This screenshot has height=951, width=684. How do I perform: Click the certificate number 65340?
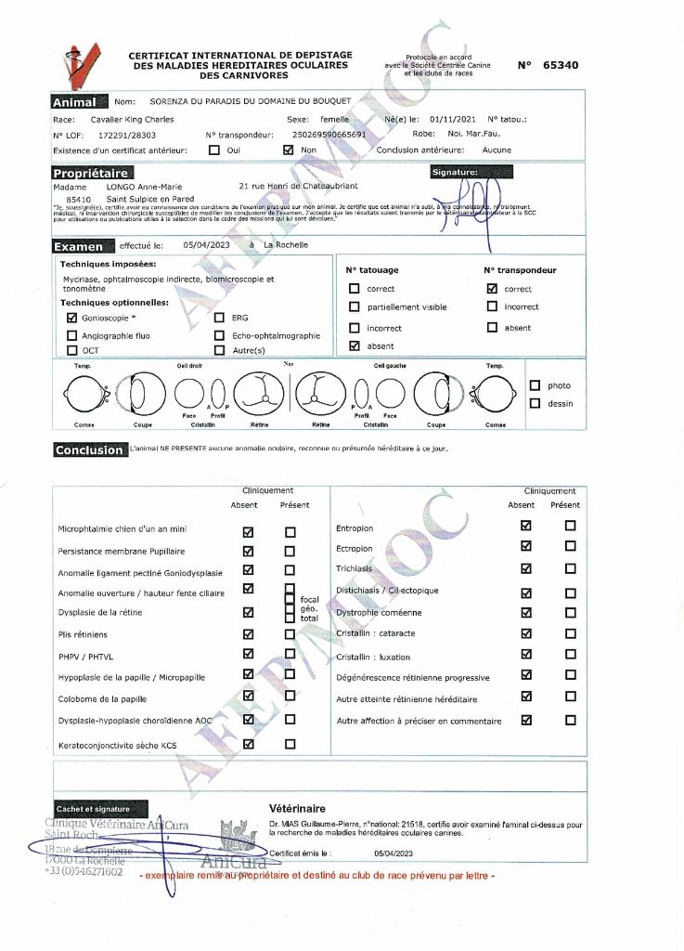[560, 65]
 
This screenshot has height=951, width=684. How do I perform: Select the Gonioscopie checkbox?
[72, 317]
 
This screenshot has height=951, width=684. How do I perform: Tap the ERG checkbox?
[220, 317]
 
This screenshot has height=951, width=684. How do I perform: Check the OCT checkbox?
[72, 350]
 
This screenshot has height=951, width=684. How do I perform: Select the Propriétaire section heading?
[92, 174]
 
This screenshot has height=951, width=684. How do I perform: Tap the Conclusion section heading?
[89, 450]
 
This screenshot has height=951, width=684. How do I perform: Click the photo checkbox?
[535, 385]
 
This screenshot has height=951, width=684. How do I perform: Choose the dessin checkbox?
[535, 403]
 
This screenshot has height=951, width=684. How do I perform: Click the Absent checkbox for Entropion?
[526, 526]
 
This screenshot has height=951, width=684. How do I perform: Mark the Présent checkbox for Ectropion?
[570, 548]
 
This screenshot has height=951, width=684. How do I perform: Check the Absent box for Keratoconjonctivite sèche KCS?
[248, 743]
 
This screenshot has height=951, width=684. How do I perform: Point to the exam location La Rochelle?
[286, 245]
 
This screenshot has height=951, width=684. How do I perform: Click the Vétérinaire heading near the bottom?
[297, 809]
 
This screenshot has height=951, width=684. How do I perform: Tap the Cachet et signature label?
[93, 809]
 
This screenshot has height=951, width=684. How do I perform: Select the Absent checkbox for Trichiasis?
[526, 568]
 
